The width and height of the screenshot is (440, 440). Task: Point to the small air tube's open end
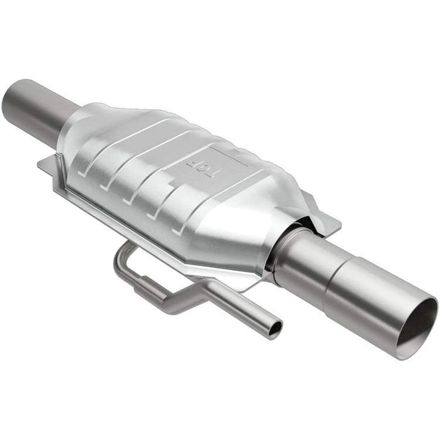[x=274, y=328]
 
